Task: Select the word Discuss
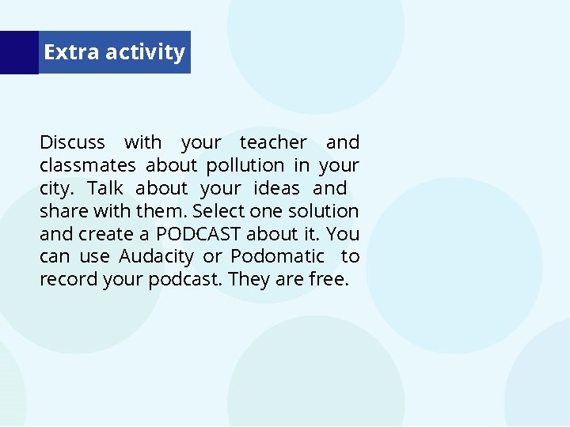72,142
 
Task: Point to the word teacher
273,142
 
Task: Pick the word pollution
245,165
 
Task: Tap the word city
56,188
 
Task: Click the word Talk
105,188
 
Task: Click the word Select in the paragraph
218,211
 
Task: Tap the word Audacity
156,257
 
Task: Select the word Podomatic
277,257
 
